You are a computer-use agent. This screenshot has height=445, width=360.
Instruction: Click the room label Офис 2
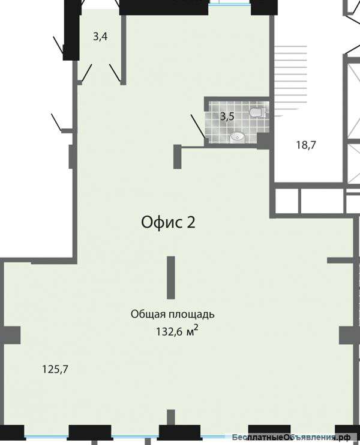168,222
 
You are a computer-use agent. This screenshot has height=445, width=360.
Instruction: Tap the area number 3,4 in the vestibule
100,37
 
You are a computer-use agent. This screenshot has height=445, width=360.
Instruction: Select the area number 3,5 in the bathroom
226,117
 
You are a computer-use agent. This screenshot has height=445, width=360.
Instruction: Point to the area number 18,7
306,144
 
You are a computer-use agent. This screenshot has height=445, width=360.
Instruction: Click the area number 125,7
55,369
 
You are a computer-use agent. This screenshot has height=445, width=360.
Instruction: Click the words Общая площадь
173,314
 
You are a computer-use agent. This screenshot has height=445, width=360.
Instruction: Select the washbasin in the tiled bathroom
238,137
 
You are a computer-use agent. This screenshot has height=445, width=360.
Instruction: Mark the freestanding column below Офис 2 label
171,277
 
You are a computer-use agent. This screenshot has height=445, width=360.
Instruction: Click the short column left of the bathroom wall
178,157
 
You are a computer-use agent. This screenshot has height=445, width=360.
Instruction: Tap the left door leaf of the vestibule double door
86,73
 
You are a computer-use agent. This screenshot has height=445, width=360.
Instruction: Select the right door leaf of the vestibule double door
116,74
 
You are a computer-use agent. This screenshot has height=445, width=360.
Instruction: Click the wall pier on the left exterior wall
11,335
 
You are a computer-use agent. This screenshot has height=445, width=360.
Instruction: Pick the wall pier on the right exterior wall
347,335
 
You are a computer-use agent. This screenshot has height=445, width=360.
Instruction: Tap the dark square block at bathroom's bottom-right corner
263,140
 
